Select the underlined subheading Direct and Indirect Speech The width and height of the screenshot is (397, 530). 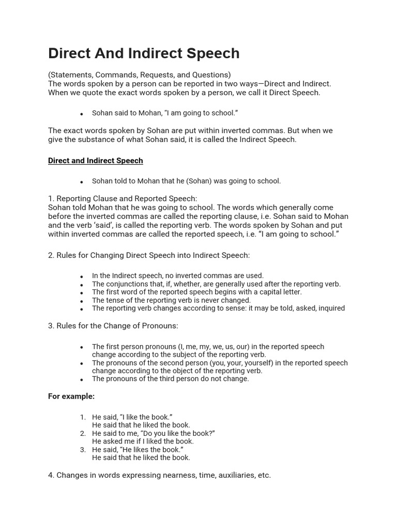(95, 161)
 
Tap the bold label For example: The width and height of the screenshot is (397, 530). (71, 396)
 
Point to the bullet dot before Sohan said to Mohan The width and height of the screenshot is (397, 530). (82, 114)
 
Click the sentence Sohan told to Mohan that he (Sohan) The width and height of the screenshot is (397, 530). (186, 181)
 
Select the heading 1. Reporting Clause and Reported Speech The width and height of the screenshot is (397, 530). (123, 199)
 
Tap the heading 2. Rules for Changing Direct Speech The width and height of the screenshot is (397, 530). (149, 255)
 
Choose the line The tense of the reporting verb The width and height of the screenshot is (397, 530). (171, 300)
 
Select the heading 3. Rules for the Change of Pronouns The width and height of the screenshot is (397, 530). (113, 326)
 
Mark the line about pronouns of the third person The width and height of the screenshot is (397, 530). (170, 379)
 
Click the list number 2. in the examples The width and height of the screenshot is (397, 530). (83, 433)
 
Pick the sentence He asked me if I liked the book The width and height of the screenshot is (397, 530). (143, 441)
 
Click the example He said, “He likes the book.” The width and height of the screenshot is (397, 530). (138, 450)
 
